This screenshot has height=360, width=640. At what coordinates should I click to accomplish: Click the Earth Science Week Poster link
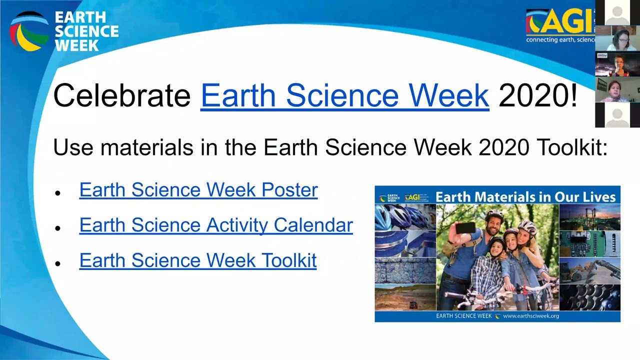click(x=198, y=190)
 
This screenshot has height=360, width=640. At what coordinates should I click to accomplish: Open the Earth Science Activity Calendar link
click(x=216, y=225)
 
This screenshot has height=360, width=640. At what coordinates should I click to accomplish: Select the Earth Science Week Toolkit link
click(x=198, y=260)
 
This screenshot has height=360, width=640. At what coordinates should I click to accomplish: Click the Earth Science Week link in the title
click(x=344, y=95)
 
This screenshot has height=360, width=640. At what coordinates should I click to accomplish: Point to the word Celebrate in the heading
click(x=122, y=95)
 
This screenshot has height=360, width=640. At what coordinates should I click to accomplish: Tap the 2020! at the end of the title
click(x=538, y=95)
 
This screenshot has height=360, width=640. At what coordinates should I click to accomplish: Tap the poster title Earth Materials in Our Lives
click(x=525, y=196)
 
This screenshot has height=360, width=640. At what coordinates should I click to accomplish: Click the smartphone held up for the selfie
click(x=465, y=228)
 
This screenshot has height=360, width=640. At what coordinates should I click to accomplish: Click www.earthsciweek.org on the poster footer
click(x=531, y=316)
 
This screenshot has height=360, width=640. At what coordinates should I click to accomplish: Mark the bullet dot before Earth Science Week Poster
click(x=58, y=192)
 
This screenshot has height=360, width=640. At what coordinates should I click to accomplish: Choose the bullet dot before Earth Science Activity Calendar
click(x=58, y=227)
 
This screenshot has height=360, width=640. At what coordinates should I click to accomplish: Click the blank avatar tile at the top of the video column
click(x=617, y=12)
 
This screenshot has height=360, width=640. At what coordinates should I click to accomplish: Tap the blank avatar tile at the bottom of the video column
click(x=617, y=115)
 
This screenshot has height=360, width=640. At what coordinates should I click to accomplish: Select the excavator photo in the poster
click(x=589, y=270)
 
